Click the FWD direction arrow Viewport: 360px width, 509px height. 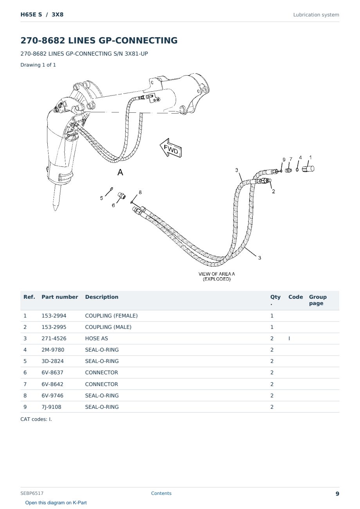[x=171, y=148]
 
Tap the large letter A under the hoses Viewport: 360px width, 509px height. [x=120, y=172]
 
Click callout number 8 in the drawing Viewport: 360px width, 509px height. [x=140, y=192]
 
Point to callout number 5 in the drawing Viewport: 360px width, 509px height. [x=101, y=198]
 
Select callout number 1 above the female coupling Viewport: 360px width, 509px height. [x=310, y=157]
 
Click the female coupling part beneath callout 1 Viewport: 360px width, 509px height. [x=308, y=169]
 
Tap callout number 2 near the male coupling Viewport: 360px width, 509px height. [x=274, y=191]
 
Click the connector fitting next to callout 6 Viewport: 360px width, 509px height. [x=122, y=195]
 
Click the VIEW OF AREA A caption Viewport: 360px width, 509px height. [x=216, y=276]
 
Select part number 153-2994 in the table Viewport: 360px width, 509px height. [x=54, y=316]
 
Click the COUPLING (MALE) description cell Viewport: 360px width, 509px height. [x=108, y=327]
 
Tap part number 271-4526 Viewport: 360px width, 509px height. [x=54, y=338]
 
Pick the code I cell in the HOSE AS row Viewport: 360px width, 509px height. [x=289, y=338]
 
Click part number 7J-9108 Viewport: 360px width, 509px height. [x=51, y=407]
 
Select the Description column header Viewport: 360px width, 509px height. [x=101, y=297]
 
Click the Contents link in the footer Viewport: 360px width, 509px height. [x=161, y=493]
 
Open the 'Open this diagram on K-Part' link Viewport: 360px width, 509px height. [x=56, y=502]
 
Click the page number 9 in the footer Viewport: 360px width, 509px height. [x=337, y=494]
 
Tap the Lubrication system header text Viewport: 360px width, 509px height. [x=316, y=15]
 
